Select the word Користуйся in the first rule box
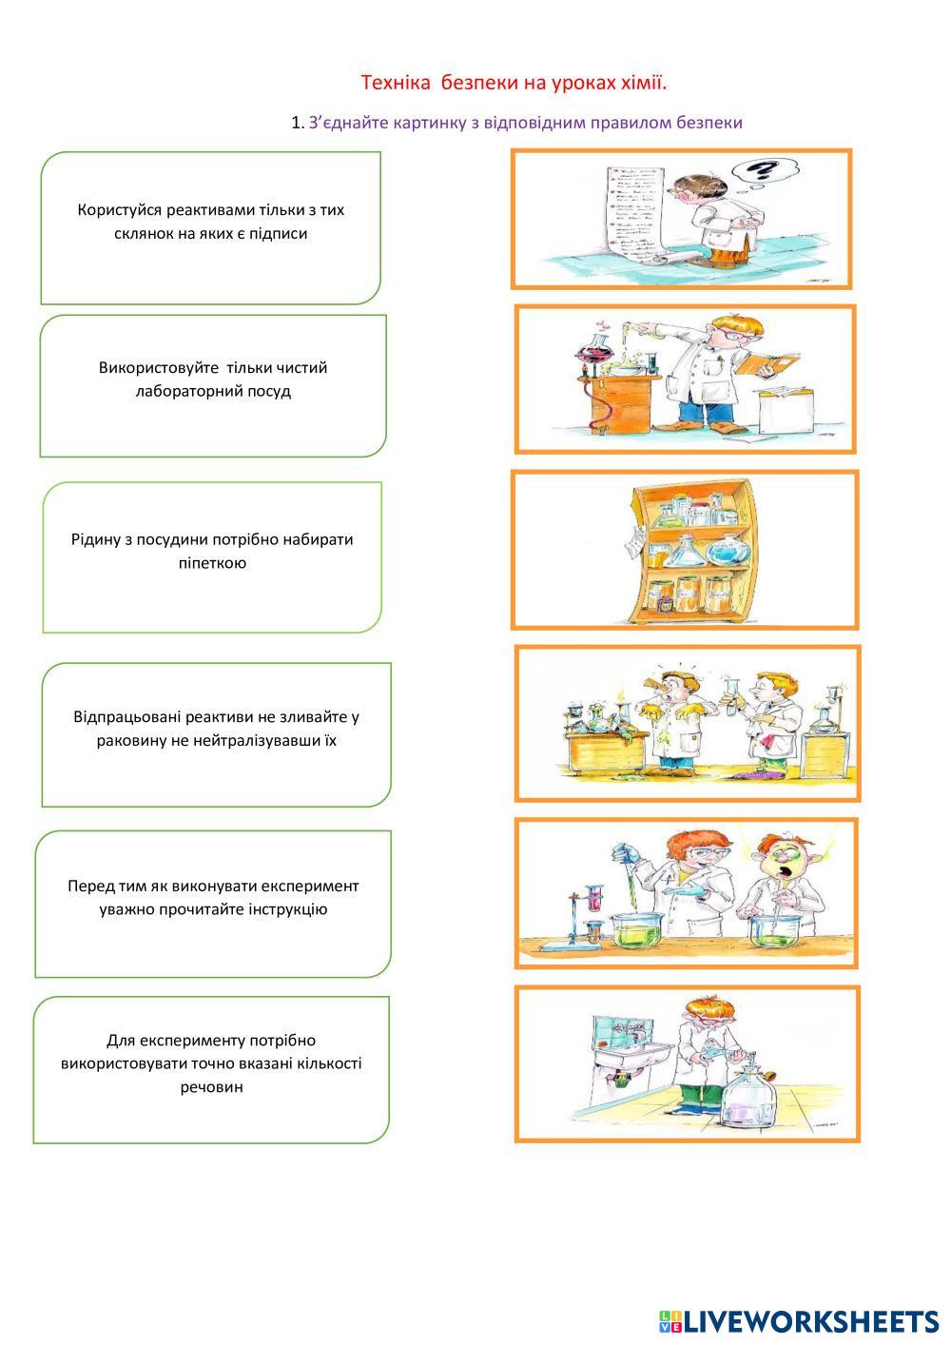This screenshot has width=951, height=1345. click(x=121, y=210)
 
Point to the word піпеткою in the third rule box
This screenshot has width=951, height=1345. click(x=211, y=562)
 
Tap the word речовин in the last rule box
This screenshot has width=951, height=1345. click(x=211, y=1086)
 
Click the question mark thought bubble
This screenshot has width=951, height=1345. click(x=763, y=171)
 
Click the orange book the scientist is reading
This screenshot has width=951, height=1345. click(x=761, y=363)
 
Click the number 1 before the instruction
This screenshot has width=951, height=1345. click(x=297, y=123)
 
